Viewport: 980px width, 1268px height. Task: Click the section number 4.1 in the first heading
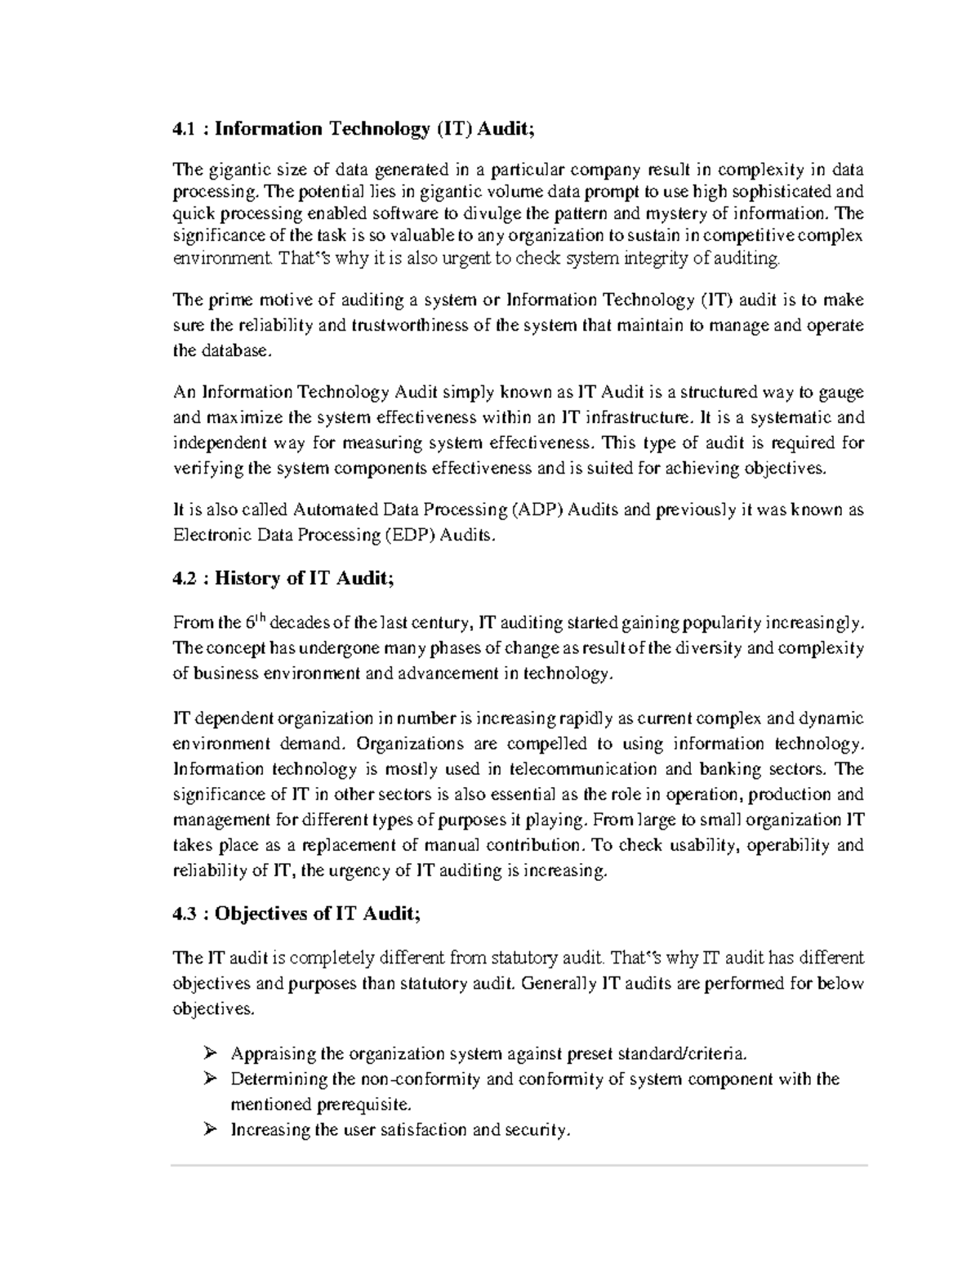(184, 128)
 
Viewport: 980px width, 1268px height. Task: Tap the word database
(231, 351)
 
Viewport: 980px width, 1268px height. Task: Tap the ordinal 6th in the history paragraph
(256, 622)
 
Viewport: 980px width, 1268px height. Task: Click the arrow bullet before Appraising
(210, 1052)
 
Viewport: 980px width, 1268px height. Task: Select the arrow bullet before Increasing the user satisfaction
(210, 1129)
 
